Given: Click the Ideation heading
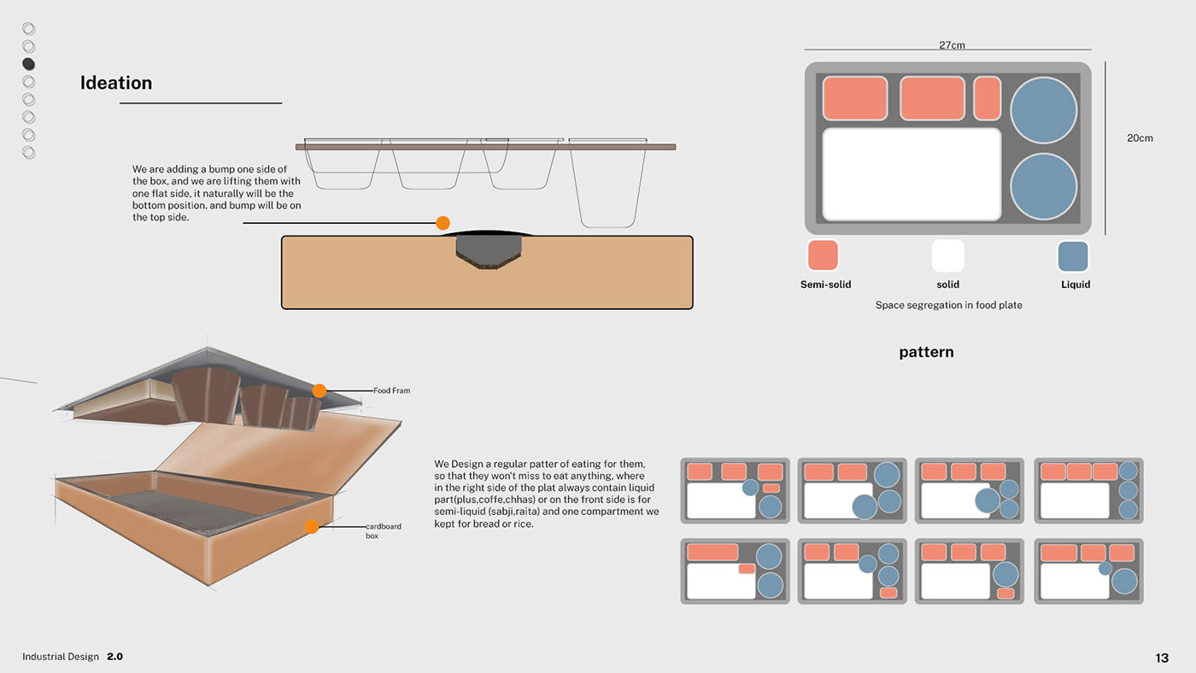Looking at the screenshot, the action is [116, 83].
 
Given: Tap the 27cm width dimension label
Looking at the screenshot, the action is [952, 45].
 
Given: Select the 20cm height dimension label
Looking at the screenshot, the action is [1140, 138].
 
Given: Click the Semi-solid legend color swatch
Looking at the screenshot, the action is [823, 256].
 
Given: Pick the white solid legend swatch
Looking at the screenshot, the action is [947, 256].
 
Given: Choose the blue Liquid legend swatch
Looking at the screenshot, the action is [1073, 256].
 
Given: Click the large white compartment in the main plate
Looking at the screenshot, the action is [912, 174].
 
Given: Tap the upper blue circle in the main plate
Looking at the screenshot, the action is [1043, 110].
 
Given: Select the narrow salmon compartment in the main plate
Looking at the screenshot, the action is [987, 98].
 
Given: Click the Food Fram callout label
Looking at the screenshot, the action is [391, 390].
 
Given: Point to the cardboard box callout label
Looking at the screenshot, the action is [383, 530].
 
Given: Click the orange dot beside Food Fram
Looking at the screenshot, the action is [320, 390].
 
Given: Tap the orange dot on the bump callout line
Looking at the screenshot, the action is [443, 223].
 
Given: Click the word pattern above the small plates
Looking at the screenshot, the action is [926, 352].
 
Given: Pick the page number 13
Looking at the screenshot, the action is [1162, 658].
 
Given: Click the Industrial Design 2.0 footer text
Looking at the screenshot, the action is [73, 657].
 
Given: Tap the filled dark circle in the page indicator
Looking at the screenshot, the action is [29, 64].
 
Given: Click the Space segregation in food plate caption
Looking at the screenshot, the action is [948, 305].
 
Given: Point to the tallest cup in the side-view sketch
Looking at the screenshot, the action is [607, 184].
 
